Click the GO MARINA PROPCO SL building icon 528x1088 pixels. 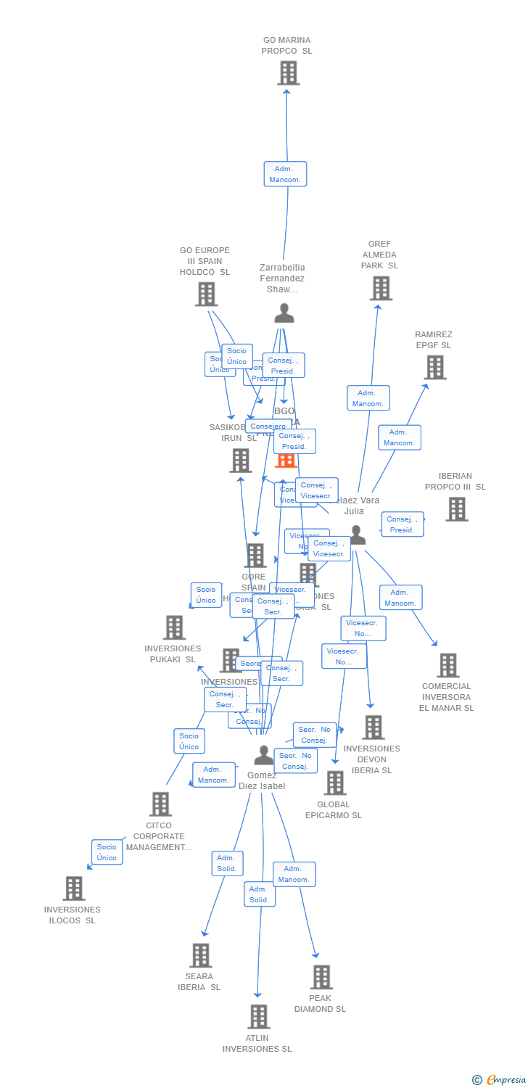(x=288, y=73)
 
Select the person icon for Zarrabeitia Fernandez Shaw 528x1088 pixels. (x=284, y=313)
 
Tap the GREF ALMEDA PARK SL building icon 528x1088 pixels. (x=381, y=288)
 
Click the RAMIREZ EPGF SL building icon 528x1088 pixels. (x=434, y=367)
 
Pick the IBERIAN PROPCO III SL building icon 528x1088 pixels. (x=456, y=509)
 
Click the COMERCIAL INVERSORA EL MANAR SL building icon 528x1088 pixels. (x=447, y=665)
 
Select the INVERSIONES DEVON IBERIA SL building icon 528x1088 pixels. (x=373, y=727)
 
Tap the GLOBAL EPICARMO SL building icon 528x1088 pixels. (x=334, y=783)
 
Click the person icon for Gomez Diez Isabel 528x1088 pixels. (x=264, y=756)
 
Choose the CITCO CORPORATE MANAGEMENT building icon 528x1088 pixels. (x=160, y=804)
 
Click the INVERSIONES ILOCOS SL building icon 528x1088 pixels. (x=73, y=889)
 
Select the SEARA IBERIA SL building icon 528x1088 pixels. (x=201, y=955)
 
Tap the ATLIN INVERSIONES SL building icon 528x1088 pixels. (x=258, y=1017)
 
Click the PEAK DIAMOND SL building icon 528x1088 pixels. (x=321, y=977)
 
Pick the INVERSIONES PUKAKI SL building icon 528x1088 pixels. (x=174, y=627)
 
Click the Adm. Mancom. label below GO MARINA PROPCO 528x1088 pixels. (x=285, y=174)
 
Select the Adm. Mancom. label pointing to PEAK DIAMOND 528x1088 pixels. (x=294, y=874)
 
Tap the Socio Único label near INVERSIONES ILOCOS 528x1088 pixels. (x=107, y=852)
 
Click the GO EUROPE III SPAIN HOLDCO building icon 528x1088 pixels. (x=206, y=294)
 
